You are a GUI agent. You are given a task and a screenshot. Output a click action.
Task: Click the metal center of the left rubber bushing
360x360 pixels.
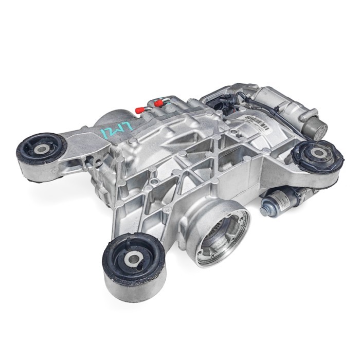pyautogui.click(x=41, y=148)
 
